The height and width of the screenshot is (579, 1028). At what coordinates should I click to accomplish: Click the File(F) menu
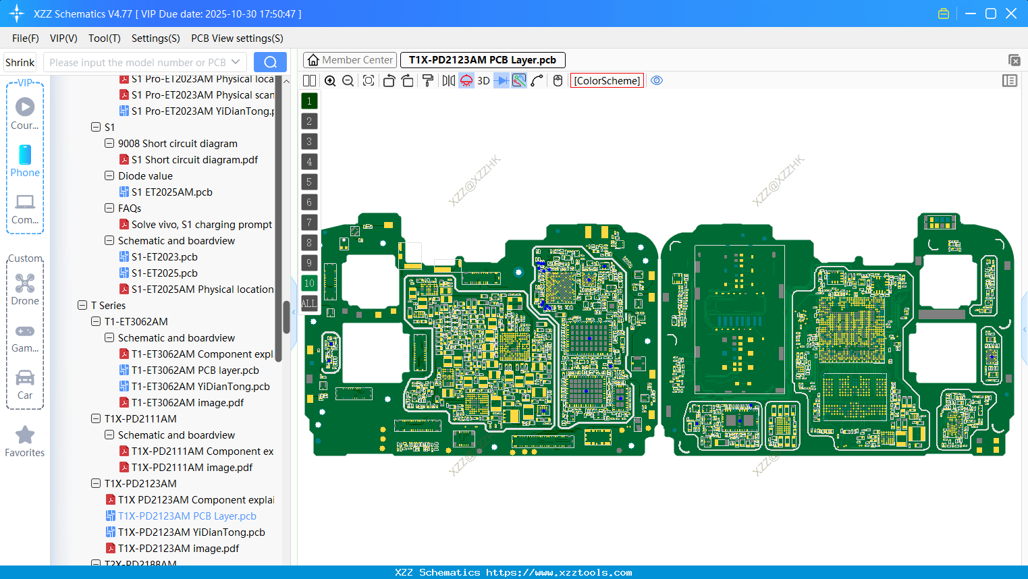point(25,38)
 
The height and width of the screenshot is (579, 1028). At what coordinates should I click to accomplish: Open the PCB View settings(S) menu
point(237,38)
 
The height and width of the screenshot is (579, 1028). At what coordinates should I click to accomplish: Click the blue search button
point(270,62)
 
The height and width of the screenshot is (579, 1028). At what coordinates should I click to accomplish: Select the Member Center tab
point(350,60)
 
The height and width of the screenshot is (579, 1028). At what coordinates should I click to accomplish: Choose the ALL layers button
point(309,304)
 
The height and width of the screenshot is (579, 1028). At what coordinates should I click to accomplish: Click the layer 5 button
point(309,182)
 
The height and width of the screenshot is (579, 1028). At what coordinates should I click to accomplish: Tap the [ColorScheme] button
point(607,81)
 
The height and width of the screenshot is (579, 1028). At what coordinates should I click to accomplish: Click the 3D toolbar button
point(483,81)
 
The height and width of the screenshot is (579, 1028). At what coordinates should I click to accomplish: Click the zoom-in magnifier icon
point(330,81)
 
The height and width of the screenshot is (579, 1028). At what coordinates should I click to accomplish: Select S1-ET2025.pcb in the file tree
point(164,273)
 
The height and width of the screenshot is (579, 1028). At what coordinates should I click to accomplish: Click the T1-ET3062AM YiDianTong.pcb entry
point(200,387)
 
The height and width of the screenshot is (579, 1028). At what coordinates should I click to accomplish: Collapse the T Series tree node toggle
point(82,306)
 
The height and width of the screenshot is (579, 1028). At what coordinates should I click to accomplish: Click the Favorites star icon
point(25,435)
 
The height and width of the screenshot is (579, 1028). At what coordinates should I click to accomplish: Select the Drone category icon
point(25,284)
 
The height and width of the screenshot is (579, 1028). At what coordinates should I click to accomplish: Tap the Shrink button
point(20,63)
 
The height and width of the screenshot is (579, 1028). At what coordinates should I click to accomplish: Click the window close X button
point(1011,13)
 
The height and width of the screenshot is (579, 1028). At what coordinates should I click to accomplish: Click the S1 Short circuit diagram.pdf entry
point(194,160)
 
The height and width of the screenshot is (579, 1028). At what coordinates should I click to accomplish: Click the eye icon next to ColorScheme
point(657,81)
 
